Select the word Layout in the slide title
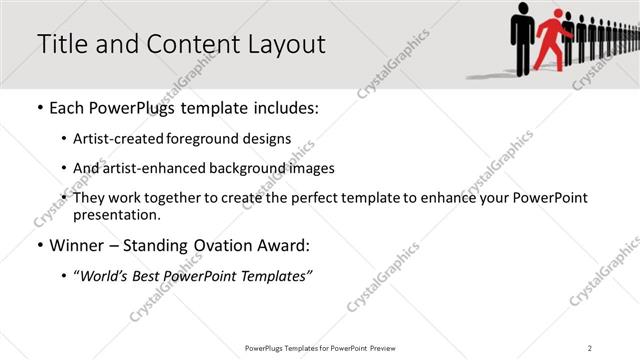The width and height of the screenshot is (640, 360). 286,45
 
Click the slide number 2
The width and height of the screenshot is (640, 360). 590,347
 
